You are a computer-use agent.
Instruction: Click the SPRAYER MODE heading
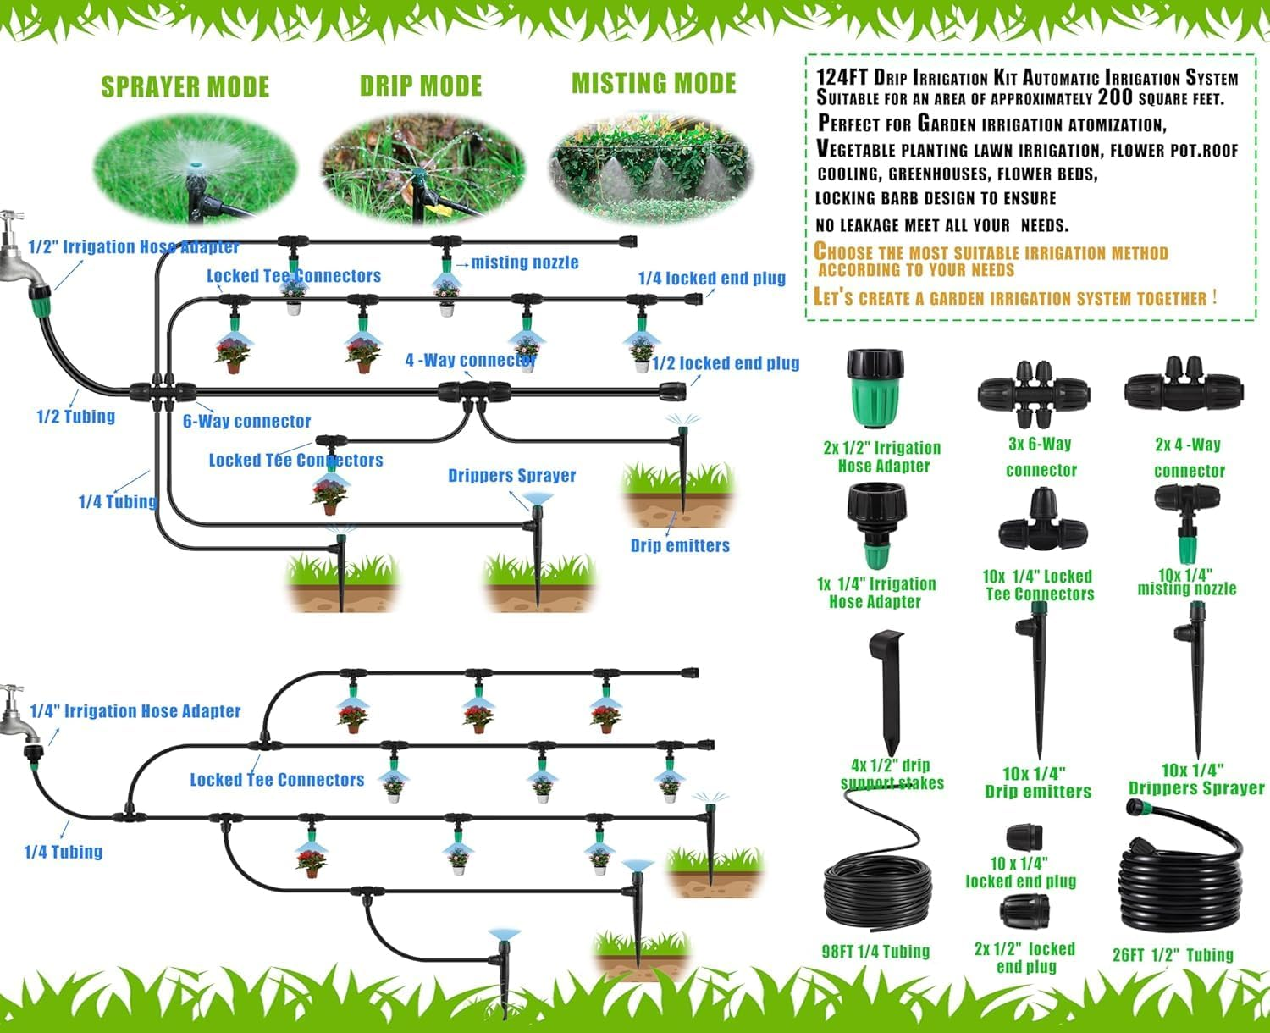[x=185, y=87]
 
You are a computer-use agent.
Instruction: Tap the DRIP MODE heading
[x=420, y=86]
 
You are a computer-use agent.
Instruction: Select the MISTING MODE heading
[x=654, y=84]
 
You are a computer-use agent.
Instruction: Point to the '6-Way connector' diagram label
[x=246, y=421]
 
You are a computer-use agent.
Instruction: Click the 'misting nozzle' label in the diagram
[x=524, y=262]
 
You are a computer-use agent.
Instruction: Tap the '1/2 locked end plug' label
[x=726, y=363]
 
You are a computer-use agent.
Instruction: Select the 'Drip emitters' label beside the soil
[x=680, y=545]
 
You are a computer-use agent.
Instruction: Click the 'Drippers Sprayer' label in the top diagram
[x=511, y=476]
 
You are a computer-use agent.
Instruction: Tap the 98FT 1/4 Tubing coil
[x=878, y=893]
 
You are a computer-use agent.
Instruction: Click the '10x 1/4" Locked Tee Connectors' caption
[x=1038, y=585]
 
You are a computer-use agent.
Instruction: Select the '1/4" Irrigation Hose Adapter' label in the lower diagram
[x=135, y=711]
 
